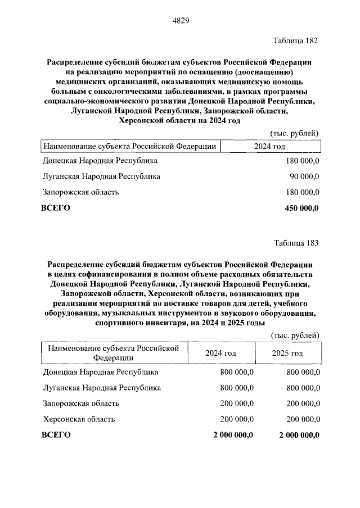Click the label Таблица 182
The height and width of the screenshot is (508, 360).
tap(295, 41)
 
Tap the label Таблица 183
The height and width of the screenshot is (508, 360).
tap(295, 243)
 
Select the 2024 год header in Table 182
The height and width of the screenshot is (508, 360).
tap(270, 146)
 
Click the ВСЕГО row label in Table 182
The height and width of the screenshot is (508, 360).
tap(56, 208)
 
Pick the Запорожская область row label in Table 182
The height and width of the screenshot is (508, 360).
tap(80, 192)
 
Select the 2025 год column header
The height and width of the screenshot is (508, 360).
tap(287, 353)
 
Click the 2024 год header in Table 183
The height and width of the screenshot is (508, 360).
tap(220, 353)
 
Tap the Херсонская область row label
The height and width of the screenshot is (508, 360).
tap(79, 419)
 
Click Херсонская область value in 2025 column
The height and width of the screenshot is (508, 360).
tap(303, 419)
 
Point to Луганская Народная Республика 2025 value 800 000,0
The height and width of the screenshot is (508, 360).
tap(303, 388)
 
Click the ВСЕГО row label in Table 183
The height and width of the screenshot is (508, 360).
tap(56, 435)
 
